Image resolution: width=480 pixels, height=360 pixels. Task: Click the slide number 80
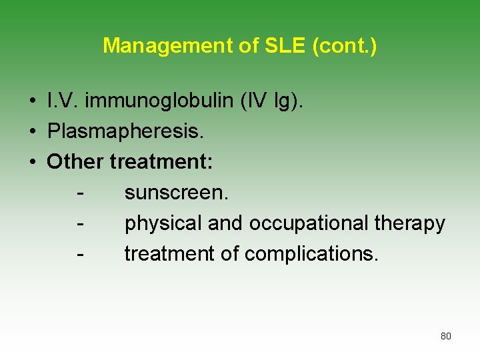[445, 336]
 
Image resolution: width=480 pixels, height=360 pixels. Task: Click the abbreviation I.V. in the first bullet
[62, 101]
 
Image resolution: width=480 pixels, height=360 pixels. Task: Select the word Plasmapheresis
[125, 131]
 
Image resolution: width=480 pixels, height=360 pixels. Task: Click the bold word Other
[75, 162]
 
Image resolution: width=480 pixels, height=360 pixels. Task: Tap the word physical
[163, 223]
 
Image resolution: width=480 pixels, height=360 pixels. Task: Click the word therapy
[409, 223]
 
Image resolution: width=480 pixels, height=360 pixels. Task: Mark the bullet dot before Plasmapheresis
[32, 132]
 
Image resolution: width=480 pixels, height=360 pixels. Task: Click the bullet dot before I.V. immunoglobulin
[32, 102]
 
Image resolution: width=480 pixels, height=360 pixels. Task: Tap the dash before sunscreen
[80, 193]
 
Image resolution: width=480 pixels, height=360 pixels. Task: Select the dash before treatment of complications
[80, 254]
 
